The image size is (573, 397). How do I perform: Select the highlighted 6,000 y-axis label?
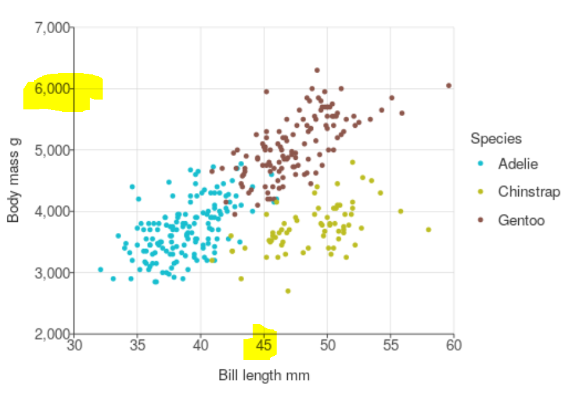[x=53, y=89]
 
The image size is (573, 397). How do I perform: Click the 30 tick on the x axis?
[x=74, y=345]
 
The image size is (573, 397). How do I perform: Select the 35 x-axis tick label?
[x=137, y=345]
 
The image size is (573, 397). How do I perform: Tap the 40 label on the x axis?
[x=200, y=345]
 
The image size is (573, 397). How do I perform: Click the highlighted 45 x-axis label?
[x=264, y=345]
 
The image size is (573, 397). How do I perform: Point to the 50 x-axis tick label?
[x=327, y=345]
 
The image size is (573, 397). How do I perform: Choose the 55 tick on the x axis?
[x=390, y=345]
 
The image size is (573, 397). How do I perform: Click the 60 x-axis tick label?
[x=453, y=345]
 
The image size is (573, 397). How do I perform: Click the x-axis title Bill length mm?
[x=264, y=375]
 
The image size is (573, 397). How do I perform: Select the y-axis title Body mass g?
[x=14, y=180]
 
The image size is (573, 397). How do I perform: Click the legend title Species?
[x=496, y=138]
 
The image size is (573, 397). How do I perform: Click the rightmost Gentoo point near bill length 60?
[x=449, y=85]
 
